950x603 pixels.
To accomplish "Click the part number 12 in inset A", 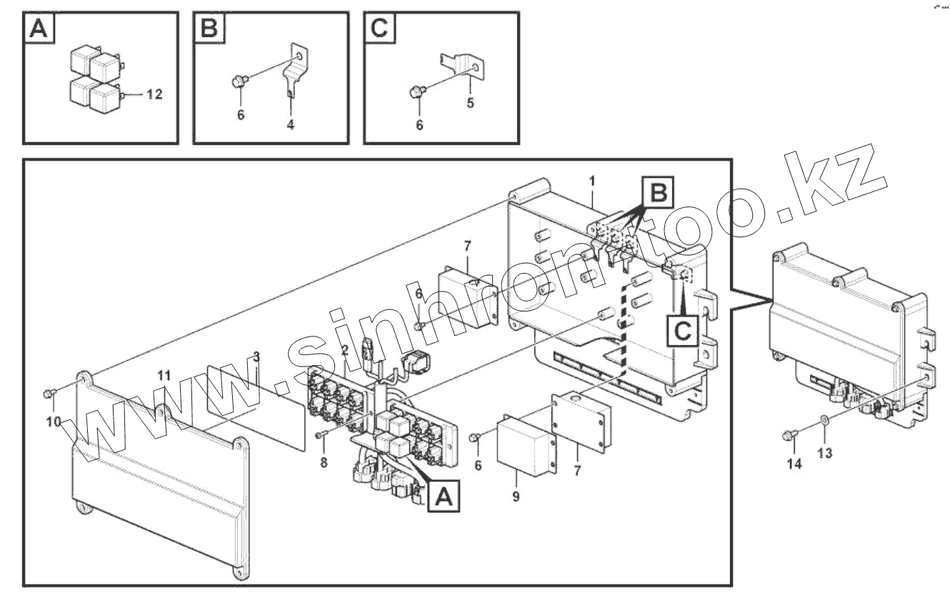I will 154,94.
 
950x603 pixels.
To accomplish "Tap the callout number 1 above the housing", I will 592,181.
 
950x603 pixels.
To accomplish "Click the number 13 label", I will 825,453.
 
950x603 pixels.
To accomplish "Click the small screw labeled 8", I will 321,434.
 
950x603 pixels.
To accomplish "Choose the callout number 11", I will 164,374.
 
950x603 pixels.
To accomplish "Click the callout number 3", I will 256,356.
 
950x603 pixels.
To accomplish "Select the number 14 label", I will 794,464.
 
